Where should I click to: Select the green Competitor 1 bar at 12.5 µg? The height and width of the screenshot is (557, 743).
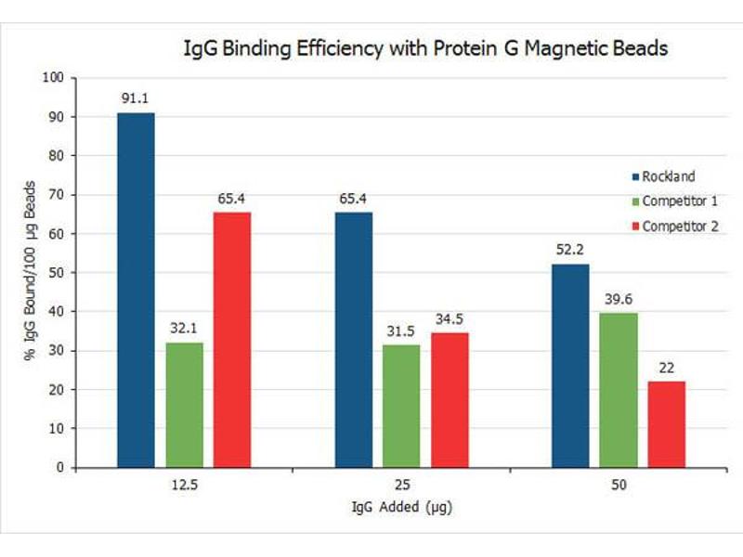coord(184,405)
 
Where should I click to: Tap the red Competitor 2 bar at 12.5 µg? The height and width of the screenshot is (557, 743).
coord(232,340)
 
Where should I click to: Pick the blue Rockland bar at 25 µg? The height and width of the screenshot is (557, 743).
coord(354,340)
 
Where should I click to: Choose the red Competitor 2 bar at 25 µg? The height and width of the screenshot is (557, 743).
coord(450,400)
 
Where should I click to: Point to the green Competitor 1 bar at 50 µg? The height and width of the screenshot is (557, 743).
coord(618,390)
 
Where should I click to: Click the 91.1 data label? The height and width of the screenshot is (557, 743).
coord(136,97)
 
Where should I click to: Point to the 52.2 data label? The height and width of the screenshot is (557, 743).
coord(569,250)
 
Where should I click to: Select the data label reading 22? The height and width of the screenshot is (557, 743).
coord(666,368)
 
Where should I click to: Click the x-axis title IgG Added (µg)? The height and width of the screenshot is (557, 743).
coord(402,508)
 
